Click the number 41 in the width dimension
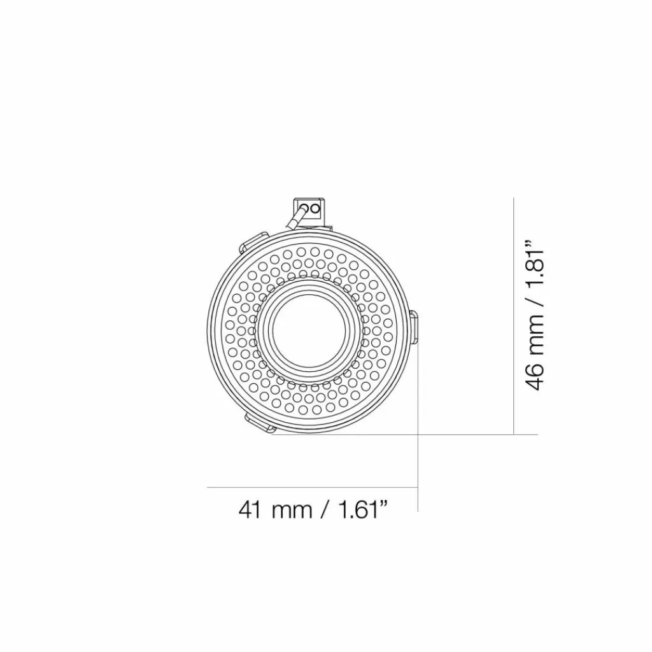pyautogui.click(x=250, y=509)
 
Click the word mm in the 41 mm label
pyautogui.click(x=292, y=511)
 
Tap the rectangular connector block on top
pyautogui.click(x=309, y=210)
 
